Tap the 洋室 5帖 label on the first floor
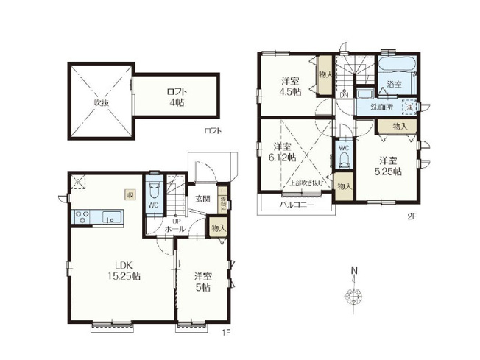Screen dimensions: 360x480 204,282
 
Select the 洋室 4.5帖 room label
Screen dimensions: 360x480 289,87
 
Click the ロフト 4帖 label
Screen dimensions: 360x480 176,96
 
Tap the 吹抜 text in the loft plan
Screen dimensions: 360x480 101,102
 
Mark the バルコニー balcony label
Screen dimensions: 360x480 297,205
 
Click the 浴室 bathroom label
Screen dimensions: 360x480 395,85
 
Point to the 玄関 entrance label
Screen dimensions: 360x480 203,199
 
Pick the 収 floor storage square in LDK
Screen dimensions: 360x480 130,195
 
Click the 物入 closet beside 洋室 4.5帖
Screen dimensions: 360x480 325,74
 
